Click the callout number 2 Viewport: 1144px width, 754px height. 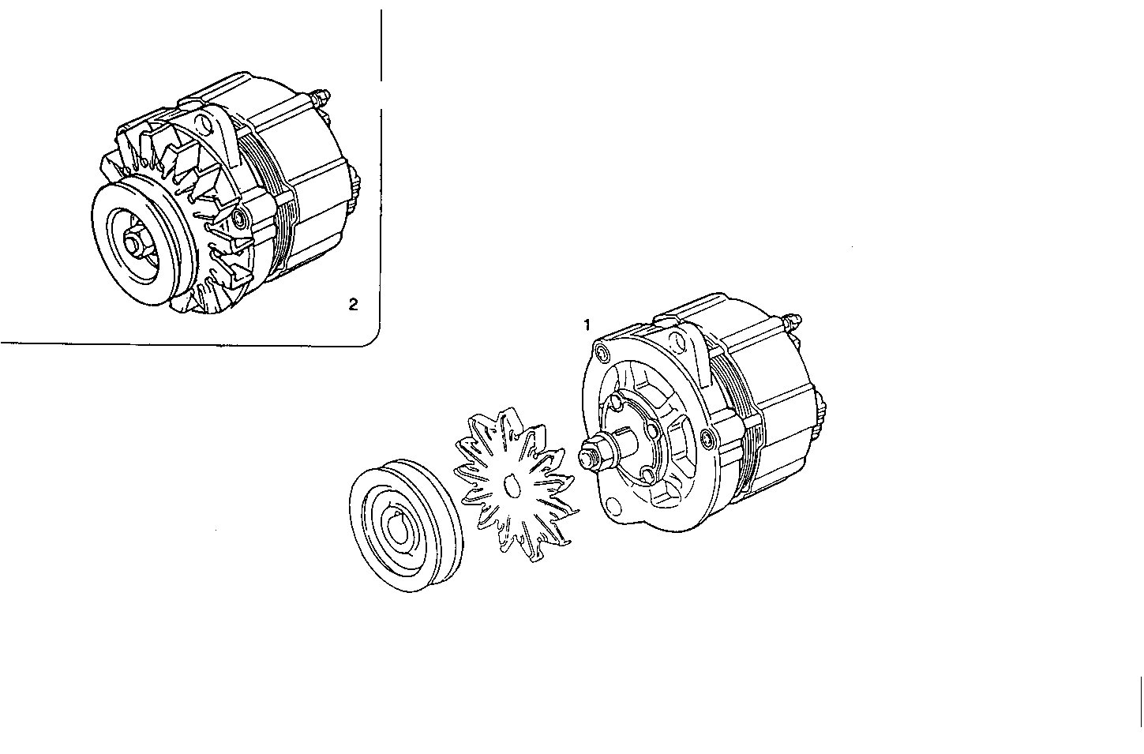point(353,304)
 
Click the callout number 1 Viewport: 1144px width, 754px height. point(587,324)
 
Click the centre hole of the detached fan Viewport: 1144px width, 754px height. point(510,486)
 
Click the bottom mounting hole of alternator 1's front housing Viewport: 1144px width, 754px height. point(611,503)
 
